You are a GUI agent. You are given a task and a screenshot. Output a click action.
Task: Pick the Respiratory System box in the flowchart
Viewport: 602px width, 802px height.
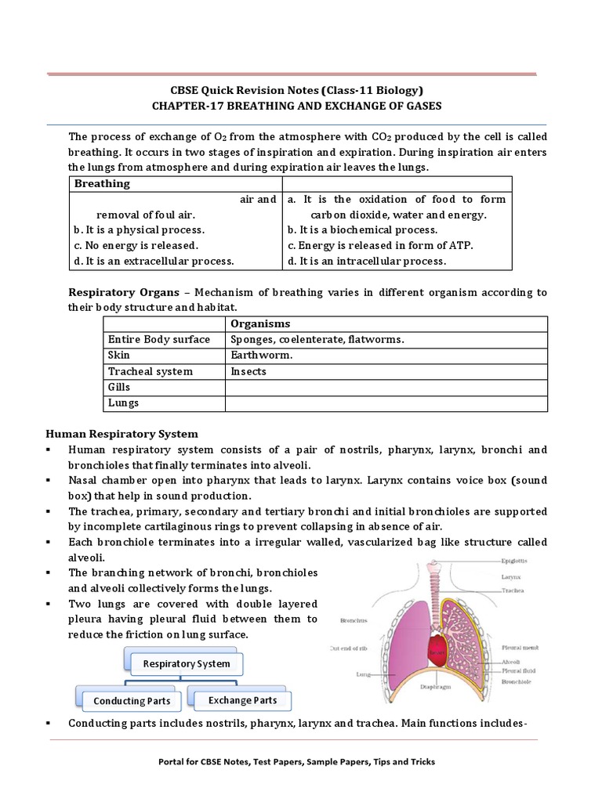[x=186, y=663]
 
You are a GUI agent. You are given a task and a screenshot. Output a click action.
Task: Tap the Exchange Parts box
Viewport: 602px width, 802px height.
[x=242, y=700]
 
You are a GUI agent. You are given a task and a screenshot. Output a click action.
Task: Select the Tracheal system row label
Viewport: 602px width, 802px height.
[x=150, y=371]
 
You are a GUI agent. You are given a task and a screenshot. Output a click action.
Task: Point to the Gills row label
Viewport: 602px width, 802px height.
[x=119, y=387]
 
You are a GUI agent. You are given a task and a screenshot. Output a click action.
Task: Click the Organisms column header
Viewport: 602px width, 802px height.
[x=260, y=323]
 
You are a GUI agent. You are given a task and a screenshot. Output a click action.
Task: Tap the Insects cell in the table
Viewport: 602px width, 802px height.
[x=248, y=371]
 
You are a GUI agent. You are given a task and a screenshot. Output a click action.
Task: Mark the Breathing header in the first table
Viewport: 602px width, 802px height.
[x=102, y=183]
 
